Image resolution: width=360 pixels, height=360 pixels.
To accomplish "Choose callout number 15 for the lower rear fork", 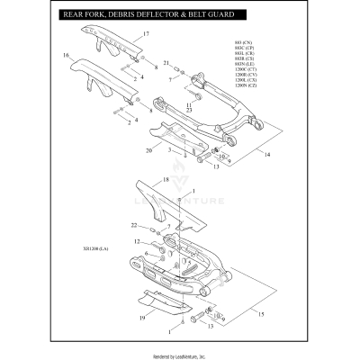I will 262,314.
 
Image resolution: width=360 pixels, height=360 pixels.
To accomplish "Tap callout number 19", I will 142,319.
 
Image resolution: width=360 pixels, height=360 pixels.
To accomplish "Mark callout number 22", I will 133,225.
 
